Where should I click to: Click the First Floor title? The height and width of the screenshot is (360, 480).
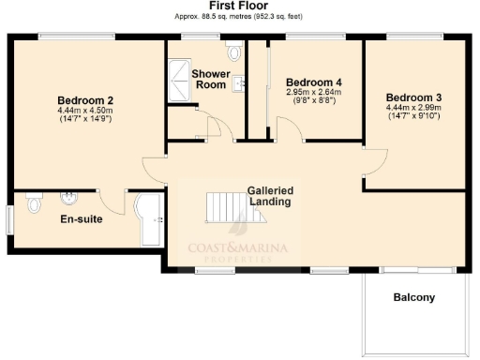pos(239,6)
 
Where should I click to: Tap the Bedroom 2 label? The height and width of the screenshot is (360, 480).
pos(85,100)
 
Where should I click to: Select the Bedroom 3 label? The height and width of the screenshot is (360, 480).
pos(413,97)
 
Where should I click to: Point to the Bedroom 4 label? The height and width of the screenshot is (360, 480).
pos(313,81)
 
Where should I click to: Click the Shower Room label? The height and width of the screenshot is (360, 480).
pos(210,79)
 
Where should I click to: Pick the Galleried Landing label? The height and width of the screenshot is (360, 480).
pos(271,196)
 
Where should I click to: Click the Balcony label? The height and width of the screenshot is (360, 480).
pos(413,298)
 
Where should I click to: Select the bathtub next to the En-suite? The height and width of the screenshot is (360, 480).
pos(148,219)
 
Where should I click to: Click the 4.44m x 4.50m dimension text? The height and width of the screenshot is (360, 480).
pos(84,112)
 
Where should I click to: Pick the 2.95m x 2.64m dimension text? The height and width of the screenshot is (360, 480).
pos(313,92)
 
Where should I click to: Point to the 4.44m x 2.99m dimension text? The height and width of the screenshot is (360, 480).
pos(413,108)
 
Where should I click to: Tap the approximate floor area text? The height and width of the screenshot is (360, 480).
pos(239,16)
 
